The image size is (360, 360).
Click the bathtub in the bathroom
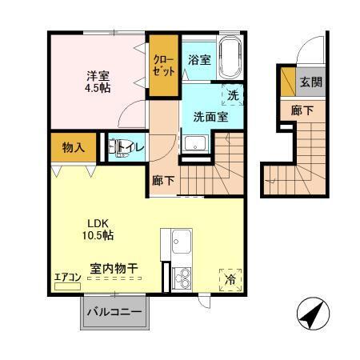pos(232,58)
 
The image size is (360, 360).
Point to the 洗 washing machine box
pos(233,95)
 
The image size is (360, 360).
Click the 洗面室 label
pos(210,116)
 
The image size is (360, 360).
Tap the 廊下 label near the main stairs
pos(163,181)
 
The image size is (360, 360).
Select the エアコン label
pos(66,278)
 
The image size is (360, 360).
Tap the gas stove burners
pos(181,278)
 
